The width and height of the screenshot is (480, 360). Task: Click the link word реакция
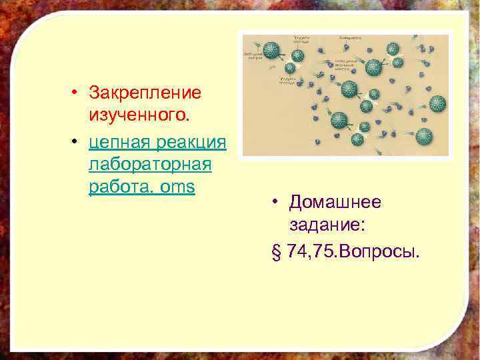(x=189, y=141)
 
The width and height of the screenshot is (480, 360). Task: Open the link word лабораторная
(x=149, y=164)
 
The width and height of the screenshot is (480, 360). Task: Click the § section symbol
(x=277, y=252)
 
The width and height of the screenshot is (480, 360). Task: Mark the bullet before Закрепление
(x=77, y=91)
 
